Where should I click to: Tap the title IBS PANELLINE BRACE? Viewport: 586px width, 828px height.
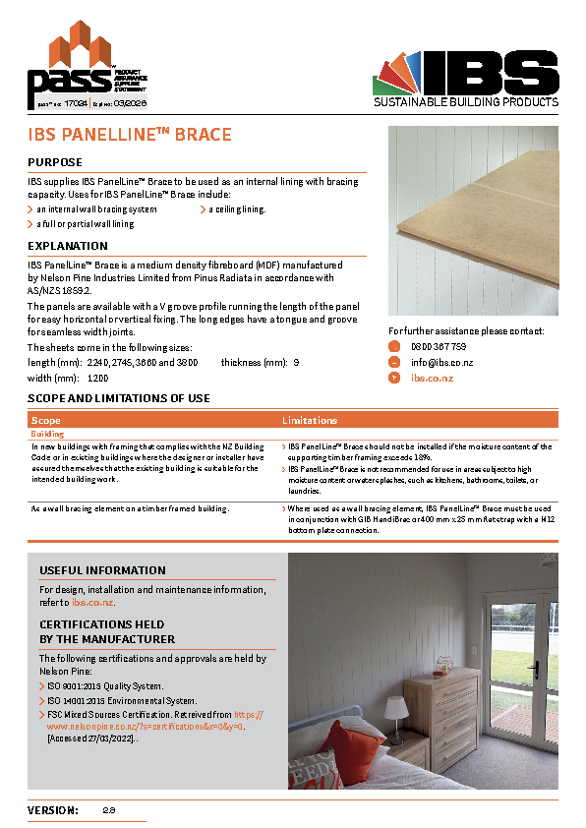[130, 134]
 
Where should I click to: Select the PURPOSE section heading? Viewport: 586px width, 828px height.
[55, 162]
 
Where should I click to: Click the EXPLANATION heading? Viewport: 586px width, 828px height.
[68, 246]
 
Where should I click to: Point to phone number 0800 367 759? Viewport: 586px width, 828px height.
[439, 347]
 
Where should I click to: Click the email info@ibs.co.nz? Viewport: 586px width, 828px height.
[442, 362]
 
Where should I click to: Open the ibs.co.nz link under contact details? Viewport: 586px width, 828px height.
[432, 378]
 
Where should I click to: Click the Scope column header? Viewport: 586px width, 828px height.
[45, 420]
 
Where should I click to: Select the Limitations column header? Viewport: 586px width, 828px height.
[310, 420]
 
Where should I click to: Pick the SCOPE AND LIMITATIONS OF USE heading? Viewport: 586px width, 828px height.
[119, 398]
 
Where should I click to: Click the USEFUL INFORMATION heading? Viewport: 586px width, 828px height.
[102, 570]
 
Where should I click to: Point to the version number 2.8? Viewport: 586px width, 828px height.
[109, 810]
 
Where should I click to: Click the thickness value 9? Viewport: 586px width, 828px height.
[296, 363]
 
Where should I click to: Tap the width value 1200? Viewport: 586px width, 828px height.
[98, 378]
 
